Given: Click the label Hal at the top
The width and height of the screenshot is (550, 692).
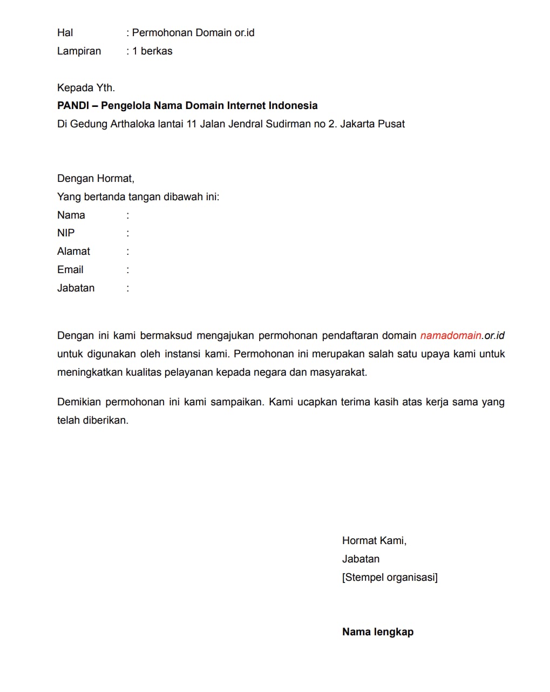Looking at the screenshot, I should click(x=65, y=33).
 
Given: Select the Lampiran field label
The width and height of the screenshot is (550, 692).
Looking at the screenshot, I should click(x=79, y=51).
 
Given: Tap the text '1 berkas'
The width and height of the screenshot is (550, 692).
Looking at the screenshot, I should click(x=152, y=51).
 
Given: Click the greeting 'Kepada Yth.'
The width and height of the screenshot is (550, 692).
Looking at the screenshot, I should click(x=86, y=87).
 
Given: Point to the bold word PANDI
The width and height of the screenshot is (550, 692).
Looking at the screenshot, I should click(x=73, y=106).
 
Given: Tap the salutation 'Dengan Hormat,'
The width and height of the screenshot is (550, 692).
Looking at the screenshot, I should click(x=96, y=179).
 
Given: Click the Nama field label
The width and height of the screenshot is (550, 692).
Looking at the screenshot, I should click(x=71, y=215).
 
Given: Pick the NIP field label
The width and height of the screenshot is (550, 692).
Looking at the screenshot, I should click(x=66, y=233).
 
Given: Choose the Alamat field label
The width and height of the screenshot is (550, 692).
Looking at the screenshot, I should click(x=73, y=252).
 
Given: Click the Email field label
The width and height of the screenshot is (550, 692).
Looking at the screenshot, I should click(x=70, y=270).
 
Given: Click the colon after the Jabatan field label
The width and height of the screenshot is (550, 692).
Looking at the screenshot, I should click(x=128, y=288).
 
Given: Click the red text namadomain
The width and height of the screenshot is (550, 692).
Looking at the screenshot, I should click(x=451, y=336).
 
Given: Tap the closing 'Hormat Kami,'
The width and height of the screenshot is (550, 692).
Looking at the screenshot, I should click(x=374, y=541).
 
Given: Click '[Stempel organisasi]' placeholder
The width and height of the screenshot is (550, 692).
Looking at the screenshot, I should click(x=390, y=578).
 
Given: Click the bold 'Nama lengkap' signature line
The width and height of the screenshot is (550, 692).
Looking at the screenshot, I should click(x=378, y=632).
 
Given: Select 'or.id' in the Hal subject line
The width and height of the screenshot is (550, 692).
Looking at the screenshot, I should click(x=244, y=33).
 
